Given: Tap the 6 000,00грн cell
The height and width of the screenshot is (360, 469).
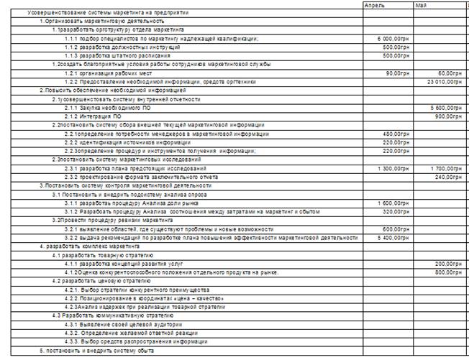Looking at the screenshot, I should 392,35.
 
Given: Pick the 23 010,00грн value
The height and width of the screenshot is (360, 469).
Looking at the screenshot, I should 443,81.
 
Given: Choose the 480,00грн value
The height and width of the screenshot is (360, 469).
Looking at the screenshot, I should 395,135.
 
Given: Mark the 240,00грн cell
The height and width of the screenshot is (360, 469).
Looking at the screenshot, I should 448,176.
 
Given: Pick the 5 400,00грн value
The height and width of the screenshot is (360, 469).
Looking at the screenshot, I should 392,236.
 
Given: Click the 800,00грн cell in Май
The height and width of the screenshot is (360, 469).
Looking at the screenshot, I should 448,273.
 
